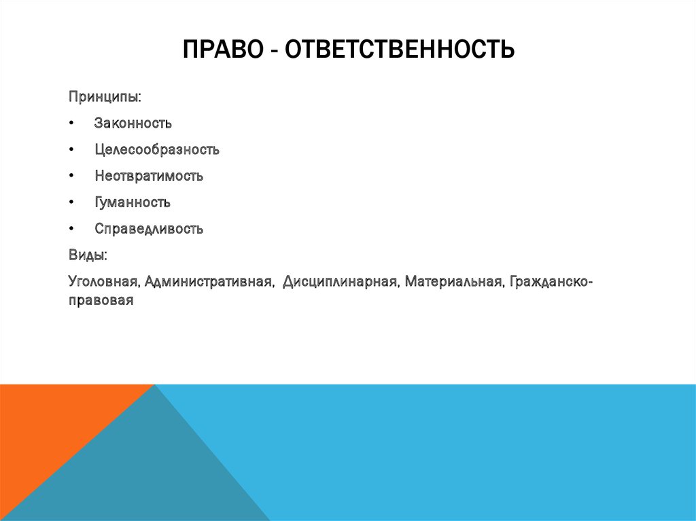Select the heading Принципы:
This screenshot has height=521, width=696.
[x=105, y=97]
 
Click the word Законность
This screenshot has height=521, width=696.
[x=133, y=124]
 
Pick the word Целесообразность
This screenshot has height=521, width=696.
[x=157, y=149]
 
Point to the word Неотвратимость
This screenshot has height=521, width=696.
[x=149, y=176]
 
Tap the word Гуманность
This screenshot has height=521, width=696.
[x=133, y=202]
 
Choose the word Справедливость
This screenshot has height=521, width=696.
[x=149, y=229]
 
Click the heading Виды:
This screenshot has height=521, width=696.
[x=87, y=255]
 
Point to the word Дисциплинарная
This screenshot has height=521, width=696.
[x=341, y=281]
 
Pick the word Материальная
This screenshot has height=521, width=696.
[x=453, y=281]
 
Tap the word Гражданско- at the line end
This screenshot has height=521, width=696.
[x=551, y=281]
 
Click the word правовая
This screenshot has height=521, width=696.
[x=100, y=299]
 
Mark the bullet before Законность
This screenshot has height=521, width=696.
[x=71, y=124]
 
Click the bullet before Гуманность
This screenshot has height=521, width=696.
[x=71, y=203]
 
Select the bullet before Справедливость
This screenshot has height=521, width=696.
[x=71, y=230]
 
